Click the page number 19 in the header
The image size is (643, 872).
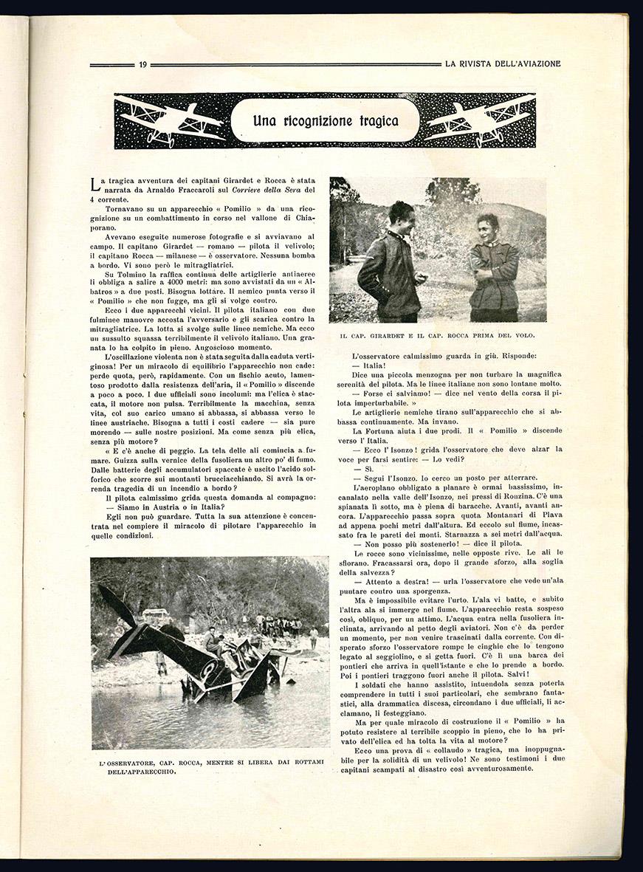click(x=142, y=64)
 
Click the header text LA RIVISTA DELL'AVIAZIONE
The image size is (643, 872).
click(x=503, y=64)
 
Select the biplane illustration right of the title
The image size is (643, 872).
click(x=480, y=120)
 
